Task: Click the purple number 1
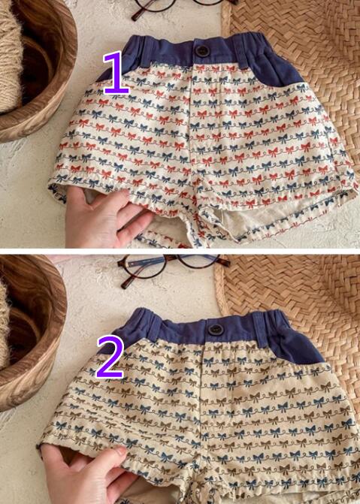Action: [116, 73]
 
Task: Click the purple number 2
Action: [110, 358]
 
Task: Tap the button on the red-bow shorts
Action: [201, 51]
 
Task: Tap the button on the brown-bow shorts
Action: [214, 330]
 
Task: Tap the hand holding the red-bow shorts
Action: [106, 219]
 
